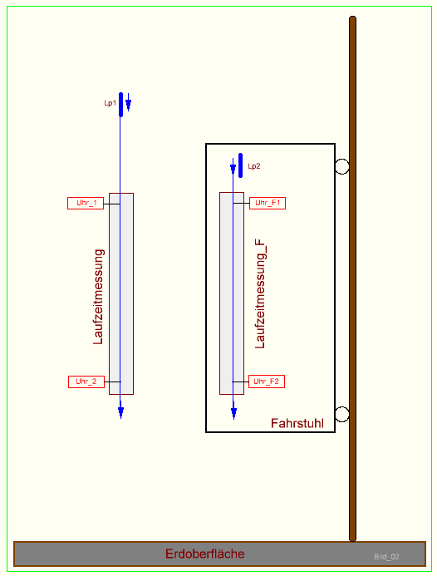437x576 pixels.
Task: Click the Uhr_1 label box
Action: pyautogui.click(x=86, y=203)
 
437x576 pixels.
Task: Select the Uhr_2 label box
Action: pyautogui.click(x=86, y=382)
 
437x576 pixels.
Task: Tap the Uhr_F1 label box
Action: pyautogui.click(x=268, y=203)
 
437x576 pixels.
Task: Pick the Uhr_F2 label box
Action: pyautogui.click(x=268, y=382)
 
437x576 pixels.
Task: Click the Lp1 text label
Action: pyautogui.click(x=110, y=103)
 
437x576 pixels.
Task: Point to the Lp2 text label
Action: pyautogui.click(x=254, y=166)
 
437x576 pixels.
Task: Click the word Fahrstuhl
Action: pyautogui.click(x=297, y=423)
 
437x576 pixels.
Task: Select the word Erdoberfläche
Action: pyautogui.click(x=205, y=554)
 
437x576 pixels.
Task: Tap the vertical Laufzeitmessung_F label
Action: pyautogui.click(x=260, y=292)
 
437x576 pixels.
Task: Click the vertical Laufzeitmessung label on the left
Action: pyautogui.click(x=98, y=297)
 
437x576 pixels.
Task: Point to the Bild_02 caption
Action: pyautogui.click(x=386, y=556)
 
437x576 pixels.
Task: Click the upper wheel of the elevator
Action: pyautogui.click(x=341, y=166)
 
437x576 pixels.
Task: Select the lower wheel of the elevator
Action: pyautogui.click(x=341, y=414)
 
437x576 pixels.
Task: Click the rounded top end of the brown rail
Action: pyautogui.click(x=352, y=21)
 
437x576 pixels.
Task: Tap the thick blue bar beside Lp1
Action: pyautogui.click(x=121, y=104)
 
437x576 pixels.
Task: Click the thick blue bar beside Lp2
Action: pyautogui.click(x=241, y=165)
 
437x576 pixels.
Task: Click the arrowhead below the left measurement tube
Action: pyautogui.click(x=120, y=411)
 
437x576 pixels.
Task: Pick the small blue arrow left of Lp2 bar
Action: pyautogui.click(x=233, y=166)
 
